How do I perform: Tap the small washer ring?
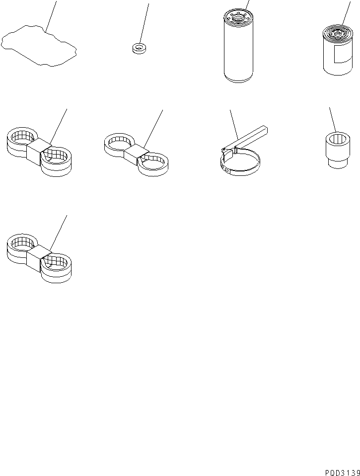[x=139, y=48]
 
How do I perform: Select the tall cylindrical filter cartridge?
[x=238, y=46]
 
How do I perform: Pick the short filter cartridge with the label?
[x=338, y=50]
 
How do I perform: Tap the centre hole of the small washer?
[x=139, y=46]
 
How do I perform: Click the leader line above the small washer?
[x=144, y=23]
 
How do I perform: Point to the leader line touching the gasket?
[x=51, y=16]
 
